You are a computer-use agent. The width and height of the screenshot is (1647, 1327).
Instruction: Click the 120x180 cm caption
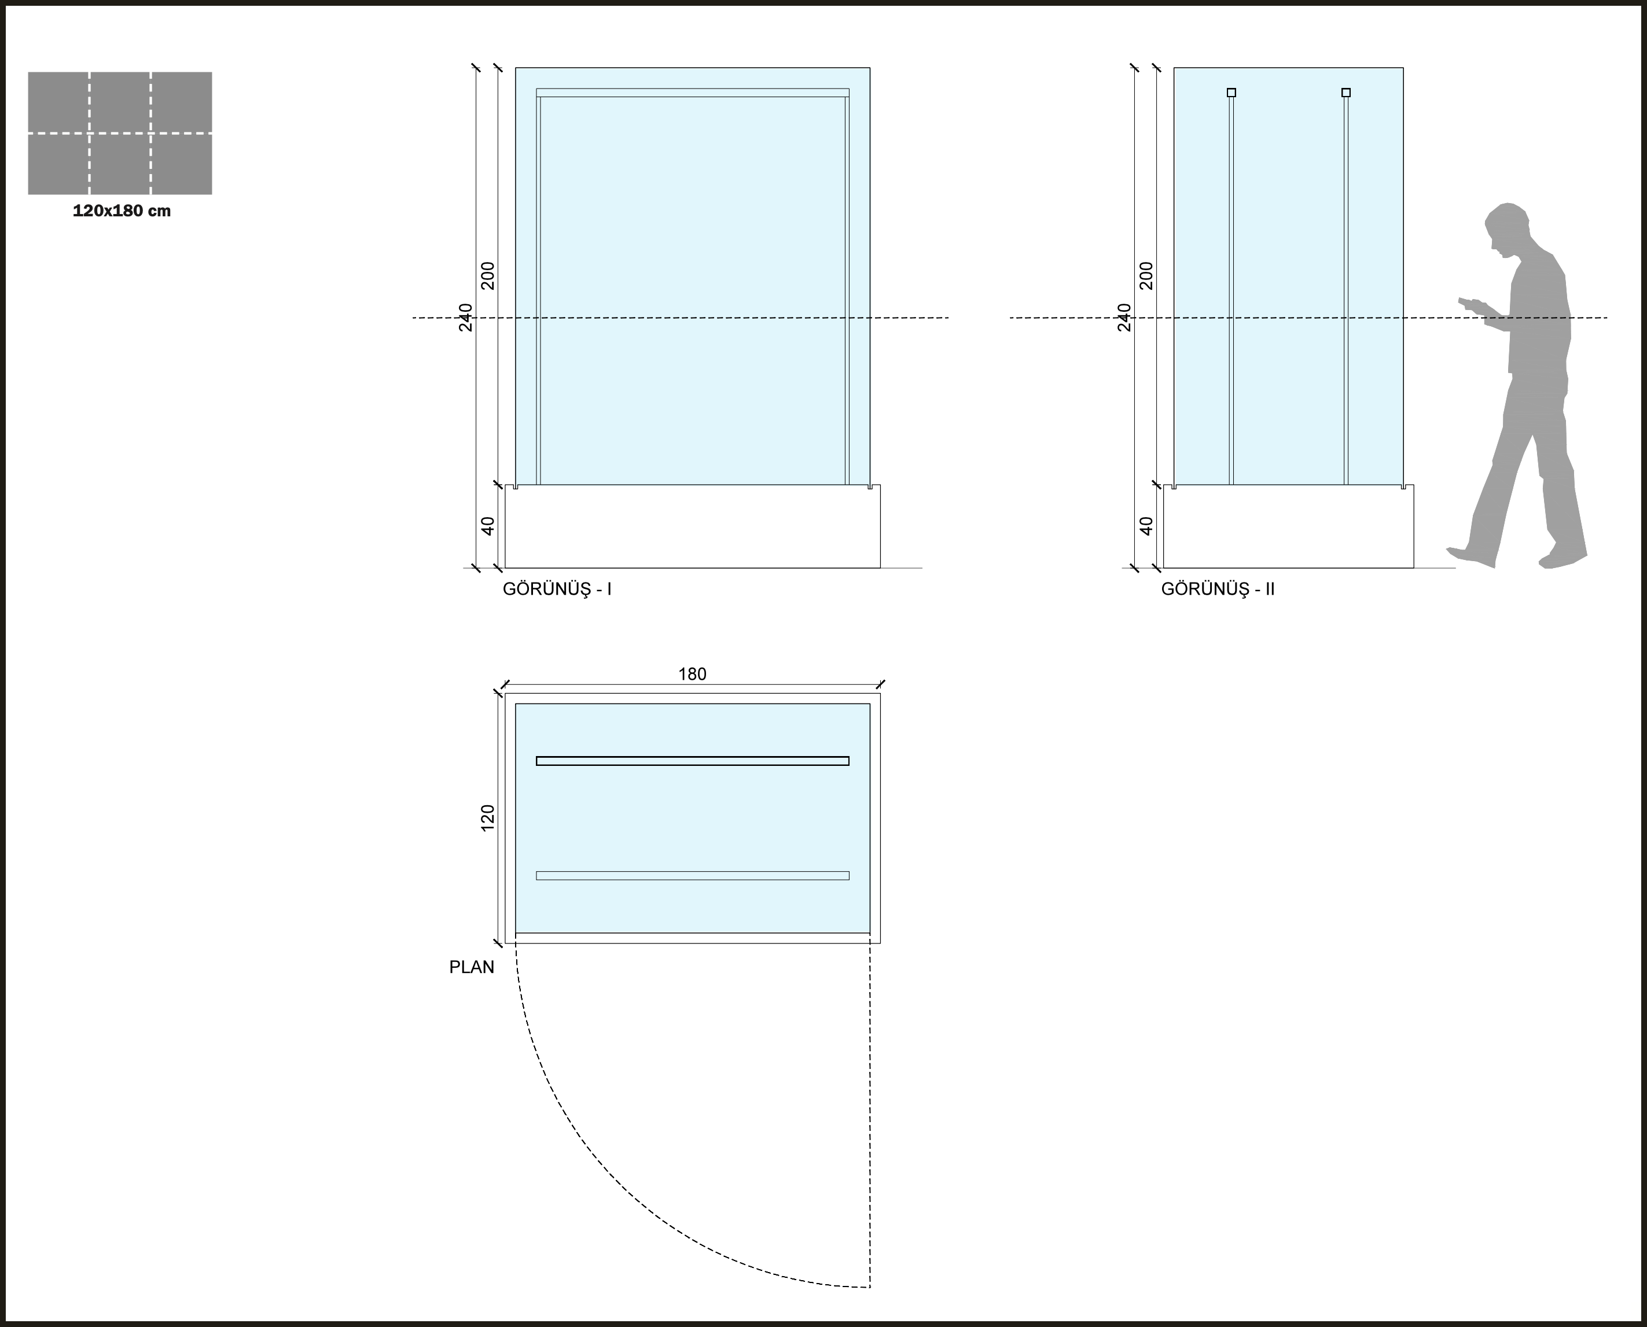point(122,211)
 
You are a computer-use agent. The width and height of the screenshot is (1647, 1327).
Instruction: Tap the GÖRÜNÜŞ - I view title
point(557,589)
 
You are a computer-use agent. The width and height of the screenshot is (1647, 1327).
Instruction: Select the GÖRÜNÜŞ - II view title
point(1217,589)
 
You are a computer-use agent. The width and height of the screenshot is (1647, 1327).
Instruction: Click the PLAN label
point(471,967)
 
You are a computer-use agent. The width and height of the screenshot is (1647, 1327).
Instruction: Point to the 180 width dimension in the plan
point(692,674)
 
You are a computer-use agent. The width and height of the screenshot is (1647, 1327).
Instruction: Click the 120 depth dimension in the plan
point(488,818)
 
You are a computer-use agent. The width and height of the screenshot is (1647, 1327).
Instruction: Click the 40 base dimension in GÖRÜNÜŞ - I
point(488,526)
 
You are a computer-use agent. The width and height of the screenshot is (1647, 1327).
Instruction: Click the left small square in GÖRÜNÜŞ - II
point(1231,93)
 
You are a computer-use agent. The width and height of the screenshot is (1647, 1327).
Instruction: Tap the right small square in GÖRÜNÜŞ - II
point(1345,93)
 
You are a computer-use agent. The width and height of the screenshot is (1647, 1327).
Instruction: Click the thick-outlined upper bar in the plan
point(692,761)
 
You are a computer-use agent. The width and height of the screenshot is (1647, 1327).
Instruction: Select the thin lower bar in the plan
point(692,875)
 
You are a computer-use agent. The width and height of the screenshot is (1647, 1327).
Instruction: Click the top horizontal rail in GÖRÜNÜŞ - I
point(692,93)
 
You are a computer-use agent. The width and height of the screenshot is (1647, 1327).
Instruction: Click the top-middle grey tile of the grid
point(119,102)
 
